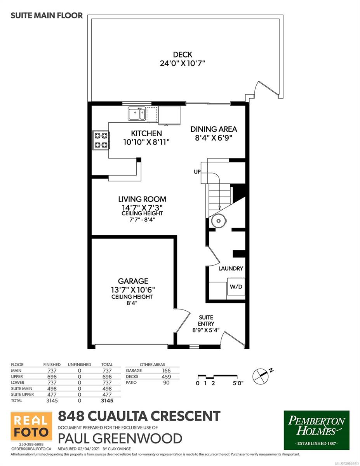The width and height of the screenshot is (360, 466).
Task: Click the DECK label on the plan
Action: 183,54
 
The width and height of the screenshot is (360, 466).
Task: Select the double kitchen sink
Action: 137,114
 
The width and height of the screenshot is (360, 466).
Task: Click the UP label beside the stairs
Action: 197,172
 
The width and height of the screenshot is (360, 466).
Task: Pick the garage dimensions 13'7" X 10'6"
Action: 133,290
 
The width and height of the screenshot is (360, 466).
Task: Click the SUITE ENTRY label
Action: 206,320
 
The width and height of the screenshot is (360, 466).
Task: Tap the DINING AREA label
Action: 214,129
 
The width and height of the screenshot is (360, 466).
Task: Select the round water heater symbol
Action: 219,221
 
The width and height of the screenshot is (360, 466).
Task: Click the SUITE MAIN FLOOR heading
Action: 47,16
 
